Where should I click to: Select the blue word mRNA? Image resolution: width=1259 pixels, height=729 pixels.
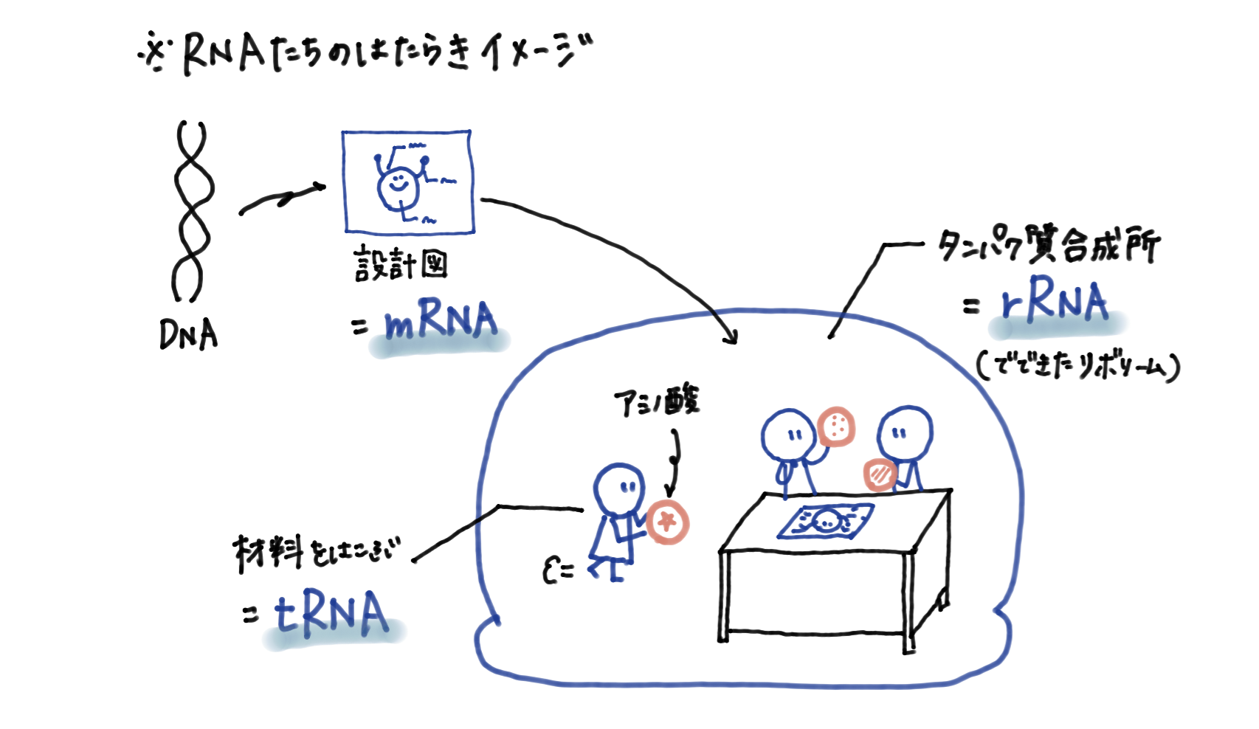tap(441, 322)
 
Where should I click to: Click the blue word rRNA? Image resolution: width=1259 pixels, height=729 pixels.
tap(1055, 302)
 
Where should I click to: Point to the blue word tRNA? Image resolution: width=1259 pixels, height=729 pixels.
tap(331, 614)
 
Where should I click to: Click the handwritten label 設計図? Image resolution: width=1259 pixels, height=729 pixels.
tap(401, 265)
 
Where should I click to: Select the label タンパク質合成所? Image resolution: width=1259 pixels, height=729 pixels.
tap(1049, 246)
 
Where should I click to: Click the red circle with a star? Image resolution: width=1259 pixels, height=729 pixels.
tap(668, 522)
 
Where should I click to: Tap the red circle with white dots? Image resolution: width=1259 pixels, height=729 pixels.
tap(837, 426)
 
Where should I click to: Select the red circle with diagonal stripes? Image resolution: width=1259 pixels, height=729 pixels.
tap(880, 474)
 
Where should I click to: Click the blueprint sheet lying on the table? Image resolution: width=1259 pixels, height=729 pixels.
tap(827, 522)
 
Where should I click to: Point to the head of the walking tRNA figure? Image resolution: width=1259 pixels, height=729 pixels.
tap(619, 488)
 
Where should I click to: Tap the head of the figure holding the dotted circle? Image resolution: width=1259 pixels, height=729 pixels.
tap(788, 435)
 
